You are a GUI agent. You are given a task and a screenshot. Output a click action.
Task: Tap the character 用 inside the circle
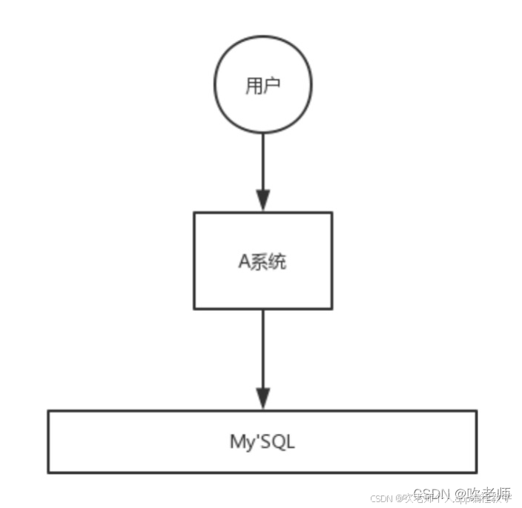click(254, 86)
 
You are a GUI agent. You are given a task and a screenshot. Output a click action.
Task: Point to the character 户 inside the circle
click(272, 86)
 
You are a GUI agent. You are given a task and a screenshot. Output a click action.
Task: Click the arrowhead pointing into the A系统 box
click(262, 200)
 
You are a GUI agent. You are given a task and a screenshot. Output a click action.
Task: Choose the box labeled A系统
click(262, 260)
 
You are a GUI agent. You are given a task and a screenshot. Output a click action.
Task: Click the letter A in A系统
click(244, 262)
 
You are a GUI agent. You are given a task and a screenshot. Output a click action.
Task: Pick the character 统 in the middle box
click(277, 262)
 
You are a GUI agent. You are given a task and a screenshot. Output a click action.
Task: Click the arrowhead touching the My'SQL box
click(262, 398)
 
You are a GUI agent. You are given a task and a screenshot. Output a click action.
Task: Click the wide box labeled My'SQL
click(262, 441)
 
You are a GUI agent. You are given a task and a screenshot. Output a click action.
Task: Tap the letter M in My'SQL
click(237, 442)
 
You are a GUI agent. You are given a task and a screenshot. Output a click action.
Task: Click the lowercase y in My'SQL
click(248, 444)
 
